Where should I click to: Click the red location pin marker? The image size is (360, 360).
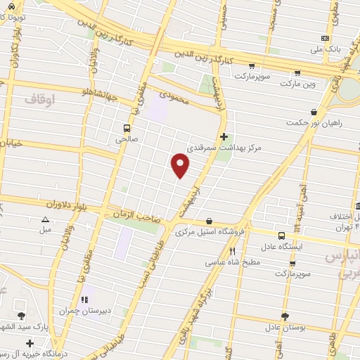181,165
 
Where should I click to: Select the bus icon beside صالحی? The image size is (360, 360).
127,128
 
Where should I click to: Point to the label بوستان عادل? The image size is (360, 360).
284,328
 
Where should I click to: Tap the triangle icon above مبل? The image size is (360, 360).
45,219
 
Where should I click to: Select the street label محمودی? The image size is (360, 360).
174,98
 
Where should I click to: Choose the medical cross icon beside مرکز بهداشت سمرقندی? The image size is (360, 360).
224,136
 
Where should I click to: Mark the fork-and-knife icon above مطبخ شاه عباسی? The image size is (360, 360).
233,250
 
